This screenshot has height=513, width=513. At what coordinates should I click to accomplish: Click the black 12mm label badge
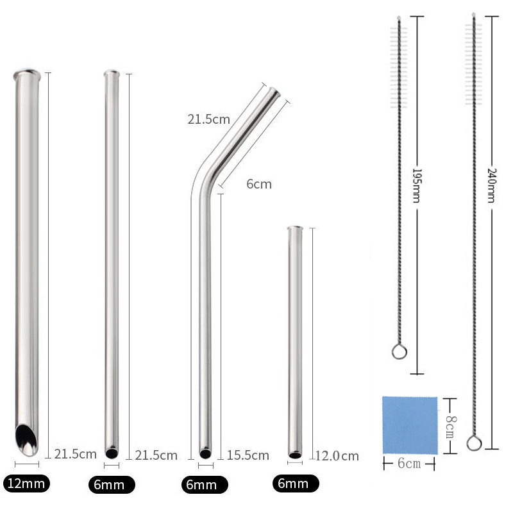[x=26, y=484]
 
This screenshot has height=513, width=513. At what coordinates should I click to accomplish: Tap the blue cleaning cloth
[x=410, y=425]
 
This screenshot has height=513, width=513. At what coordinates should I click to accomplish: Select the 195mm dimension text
[x=417, y=185]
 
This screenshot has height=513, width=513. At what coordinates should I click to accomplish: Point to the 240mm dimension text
[x=492, y=185]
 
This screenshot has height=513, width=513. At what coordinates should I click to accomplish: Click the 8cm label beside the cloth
[x=451, y=427]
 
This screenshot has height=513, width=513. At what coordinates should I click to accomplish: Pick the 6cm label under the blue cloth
[x=409, y=464]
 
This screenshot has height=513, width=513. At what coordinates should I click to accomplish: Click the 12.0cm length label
[x=337, y=456]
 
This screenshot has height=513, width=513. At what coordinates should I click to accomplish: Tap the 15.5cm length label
[x=248, y=455]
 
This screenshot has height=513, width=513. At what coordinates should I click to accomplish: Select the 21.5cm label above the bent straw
[x=209, y=119]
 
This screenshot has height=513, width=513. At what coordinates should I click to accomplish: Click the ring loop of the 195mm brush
[x=399, y=351]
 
